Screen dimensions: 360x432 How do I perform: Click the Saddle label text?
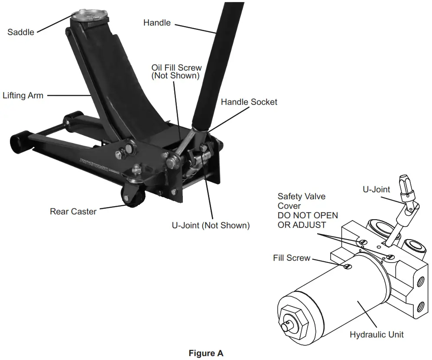pyautogui.click(x=20, y=32)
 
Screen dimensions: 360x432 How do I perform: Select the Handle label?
pyautogui.click(x=157, y=23)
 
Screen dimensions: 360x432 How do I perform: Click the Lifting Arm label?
pyautogui.click(x=23, y=95)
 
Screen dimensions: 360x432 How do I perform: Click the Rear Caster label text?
pyautogui.click(x=73, y=211)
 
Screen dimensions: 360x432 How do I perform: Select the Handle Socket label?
pyautogui.click(x=249, y=102)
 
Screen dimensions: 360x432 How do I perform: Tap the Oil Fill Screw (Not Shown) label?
pyautogui.click(x=176, y=71)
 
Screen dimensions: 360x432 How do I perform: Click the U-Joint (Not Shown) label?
pyautogui.click(x=211, y=225)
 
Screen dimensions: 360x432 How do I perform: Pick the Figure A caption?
pyautogui.click(x=206, y=353)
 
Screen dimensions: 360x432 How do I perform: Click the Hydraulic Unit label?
pyautogui.click(x=377, y=334)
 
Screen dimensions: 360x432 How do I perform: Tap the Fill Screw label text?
pyautogui.click(x=292, y=258)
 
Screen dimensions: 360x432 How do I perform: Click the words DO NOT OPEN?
pyautogui.click(x=308, y=215)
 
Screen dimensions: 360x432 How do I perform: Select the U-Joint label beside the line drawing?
pyautogui.click(x=376, y=189)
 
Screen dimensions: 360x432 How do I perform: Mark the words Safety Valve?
pyautogui.click(x=302, y=196)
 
